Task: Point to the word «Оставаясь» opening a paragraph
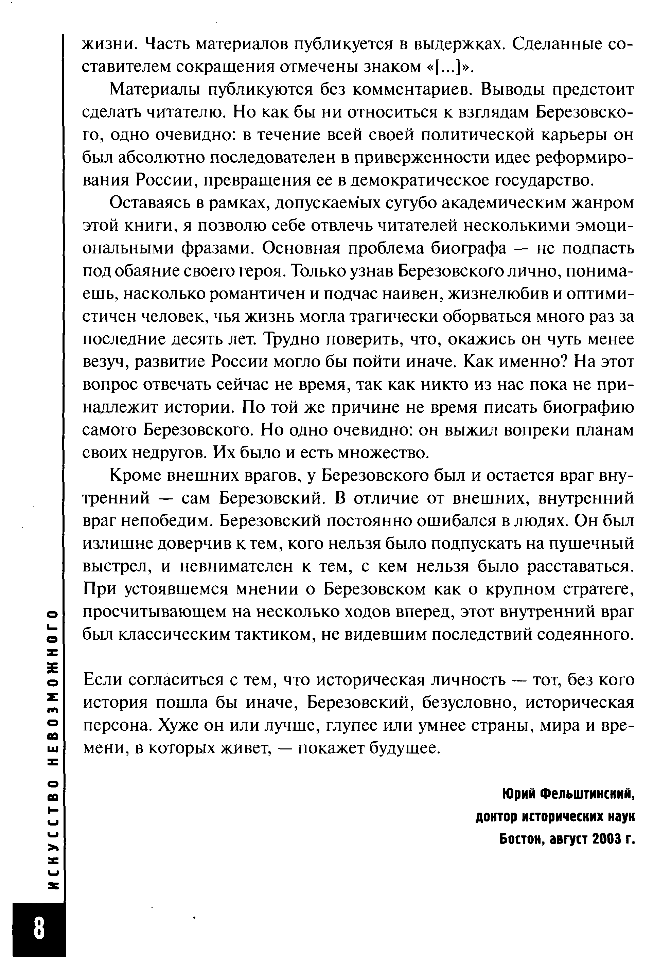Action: coord(147,203)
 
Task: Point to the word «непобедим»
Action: coord(166,521)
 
